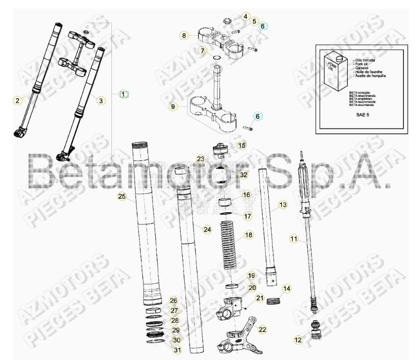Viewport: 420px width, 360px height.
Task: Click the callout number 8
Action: click(x=184, y=35)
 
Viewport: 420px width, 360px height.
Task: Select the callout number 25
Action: click(x=122, y=197)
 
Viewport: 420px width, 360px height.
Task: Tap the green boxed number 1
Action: click(x=124, y=94)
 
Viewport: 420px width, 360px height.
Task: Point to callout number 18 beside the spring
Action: click(x=249, y=235)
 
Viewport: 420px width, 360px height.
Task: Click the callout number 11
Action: click(x=294, y=239)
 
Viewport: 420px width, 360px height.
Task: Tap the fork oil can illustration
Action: click(x=336, y=70)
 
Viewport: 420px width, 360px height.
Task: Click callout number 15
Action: click(x=241, y=145)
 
